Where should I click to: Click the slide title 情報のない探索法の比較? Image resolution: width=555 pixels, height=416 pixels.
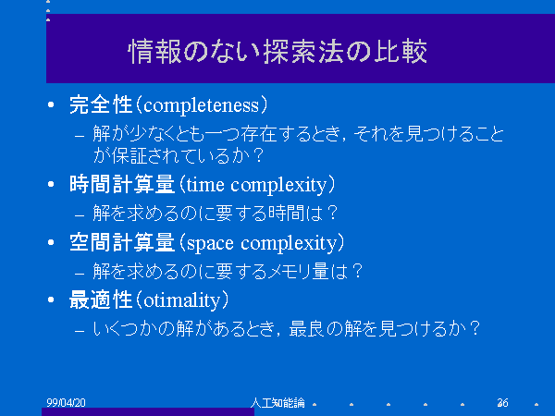[277, 52]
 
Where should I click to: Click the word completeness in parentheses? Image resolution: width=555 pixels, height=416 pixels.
[202, 105]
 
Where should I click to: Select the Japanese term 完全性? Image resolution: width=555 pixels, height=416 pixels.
[101, 104]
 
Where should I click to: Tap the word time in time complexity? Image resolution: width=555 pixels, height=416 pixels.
[205, 184]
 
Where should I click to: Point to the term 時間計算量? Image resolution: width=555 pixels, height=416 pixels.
[122, 184]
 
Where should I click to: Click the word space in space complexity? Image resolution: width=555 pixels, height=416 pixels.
[210, 244]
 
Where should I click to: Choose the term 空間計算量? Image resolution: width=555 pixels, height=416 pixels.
[122, 242]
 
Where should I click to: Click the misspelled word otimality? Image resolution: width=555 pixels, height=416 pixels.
[182, 300]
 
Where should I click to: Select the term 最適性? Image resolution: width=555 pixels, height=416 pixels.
[101, 300]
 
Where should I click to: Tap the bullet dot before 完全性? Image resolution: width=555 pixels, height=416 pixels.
[51, 104]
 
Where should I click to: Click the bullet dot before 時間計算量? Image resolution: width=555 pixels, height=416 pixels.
[51, 184]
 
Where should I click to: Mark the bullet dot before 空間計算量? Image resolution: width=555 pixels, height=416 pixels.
[51, 242]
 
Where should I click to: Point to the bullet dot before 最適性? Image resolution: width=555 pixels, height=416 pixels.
[51, 300]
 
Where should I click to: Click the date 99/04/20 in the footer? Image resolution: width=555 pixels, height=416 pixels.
[67, 402]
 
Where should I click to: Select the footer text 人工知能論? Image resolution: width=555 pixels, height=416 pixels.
[277, 402]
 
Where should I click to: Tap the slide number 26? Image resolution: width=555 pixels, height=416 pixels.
[502, 402]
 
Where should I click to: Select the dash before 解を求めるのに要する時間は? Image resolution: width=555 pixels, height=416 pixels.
[80, 215]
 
